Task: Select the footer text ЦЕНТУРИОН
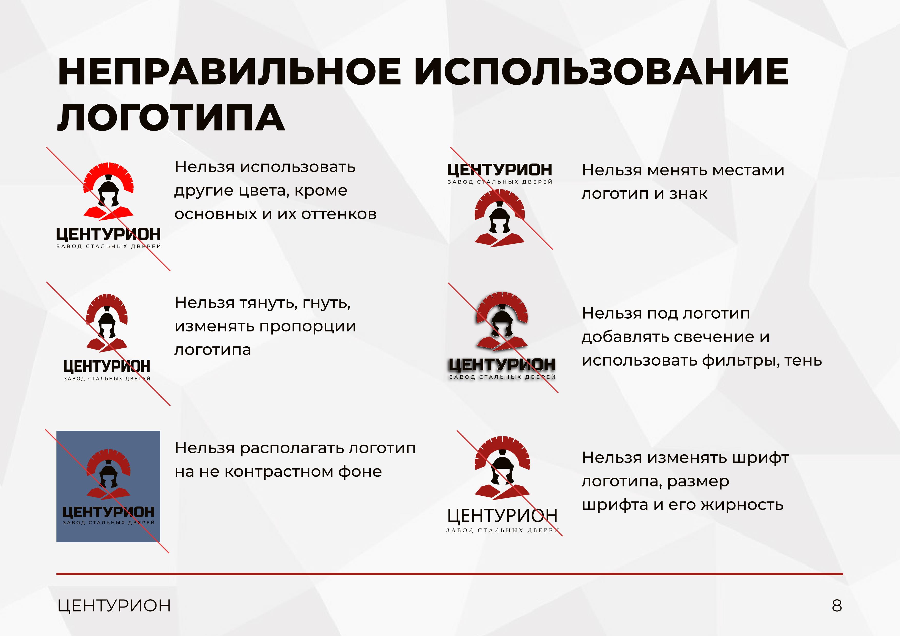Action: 114,606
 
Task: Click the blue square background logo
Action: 108,486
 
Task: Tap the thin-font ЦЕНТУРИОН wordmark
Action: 502,516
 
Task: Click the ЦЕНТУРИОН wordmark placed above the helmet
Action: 500,170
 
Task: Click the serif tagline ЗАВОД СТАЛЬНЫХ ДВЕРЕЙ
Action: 502,531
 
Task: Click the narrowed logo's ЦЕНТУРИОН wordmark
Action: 107,366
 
